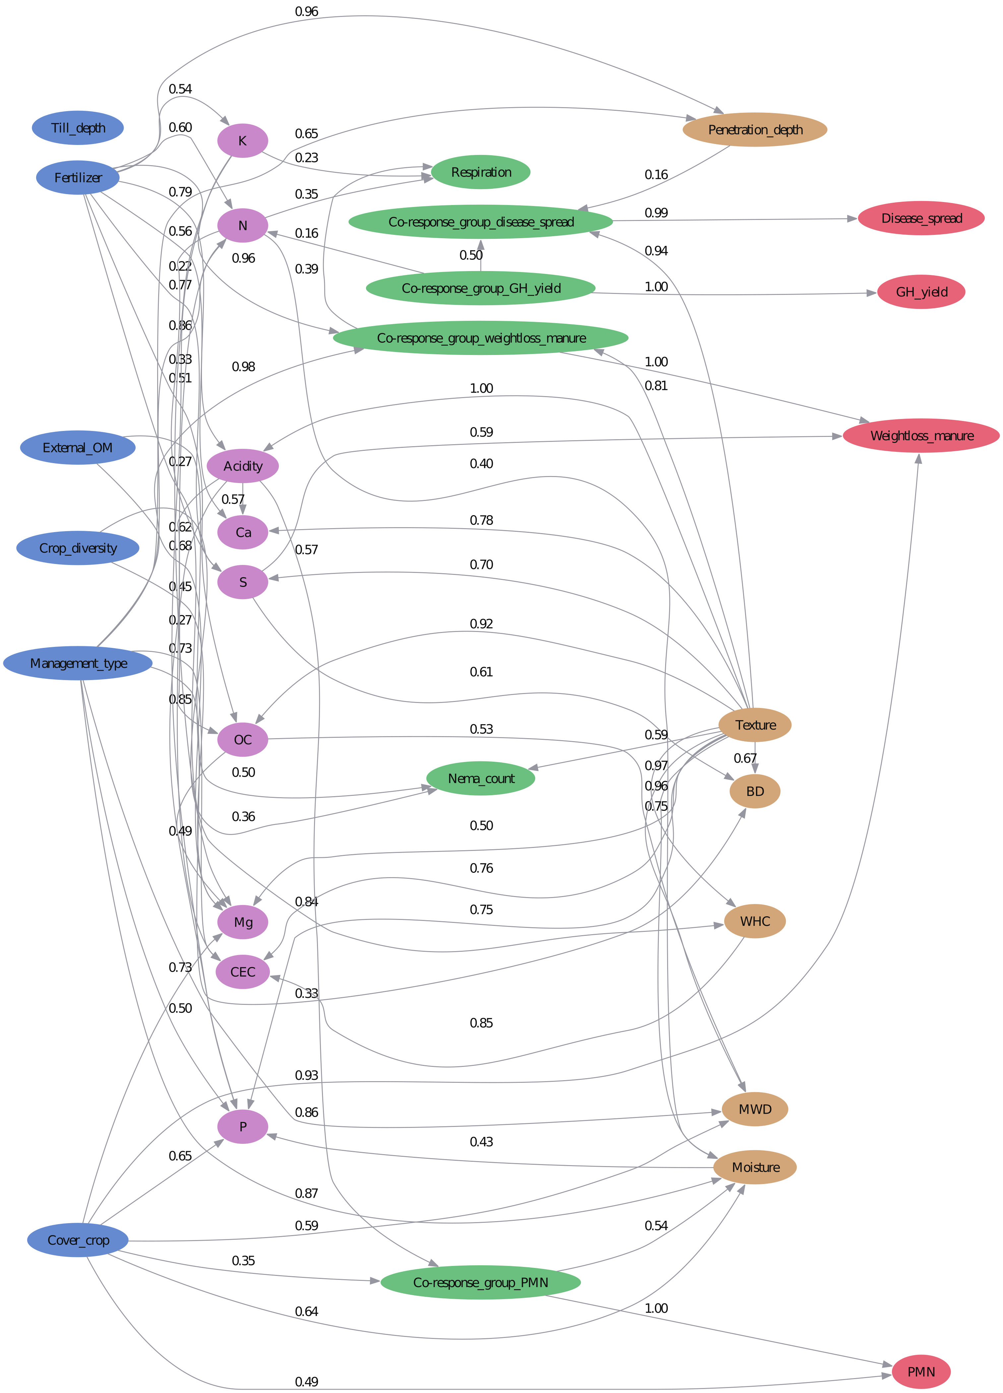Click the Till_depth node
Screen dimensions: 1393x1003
pyautogui.click(x=78, y=128)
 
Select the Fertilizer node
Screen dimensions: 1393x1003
pyautogui.click(x=78, y=177)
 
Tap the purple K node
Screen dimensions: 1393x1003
pyautogui.click(x=242, y=141)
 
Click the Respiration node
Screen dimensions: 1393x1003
pyautogui.click(x=481, y=172)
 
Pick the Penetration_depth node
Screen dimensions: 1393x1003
pyautogui.click(x=755, y=130)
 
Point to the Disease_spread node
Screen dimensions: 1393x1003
pyautogui.click(x=921, y=218)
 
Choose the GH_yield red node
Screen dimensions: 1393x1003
pyautogui.click(x=921, y=292)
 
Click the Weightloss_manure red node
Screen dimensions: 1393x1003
pyautogui.click(x=921, y=436)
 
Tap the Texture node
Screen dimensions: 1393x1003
pyautogui.click(x=755, y=725)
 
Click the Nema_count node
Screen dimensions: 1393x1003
pyautogui.click(x=481, y=778)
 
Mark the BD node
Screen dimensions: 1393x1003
pyautogui.click(x=755, y=791)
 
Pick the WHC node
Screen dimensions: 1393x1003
pyautogui.click(x=755, y=921)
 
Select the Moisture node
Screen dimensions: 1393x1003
pyautogui.click(x=755, y=1167)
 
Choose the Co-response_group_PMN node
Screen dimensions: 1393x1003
pyautogui.click(x=481, y=1283)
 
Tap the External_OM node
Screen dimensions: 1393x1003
pyautogui.click(x=78, y=447)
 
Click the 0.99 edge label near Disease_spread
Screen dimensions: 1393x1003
pyautogui.click(x=656, y=213)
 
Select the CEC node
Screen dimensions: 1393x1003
pyautogui.click(x=242, y=972)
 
